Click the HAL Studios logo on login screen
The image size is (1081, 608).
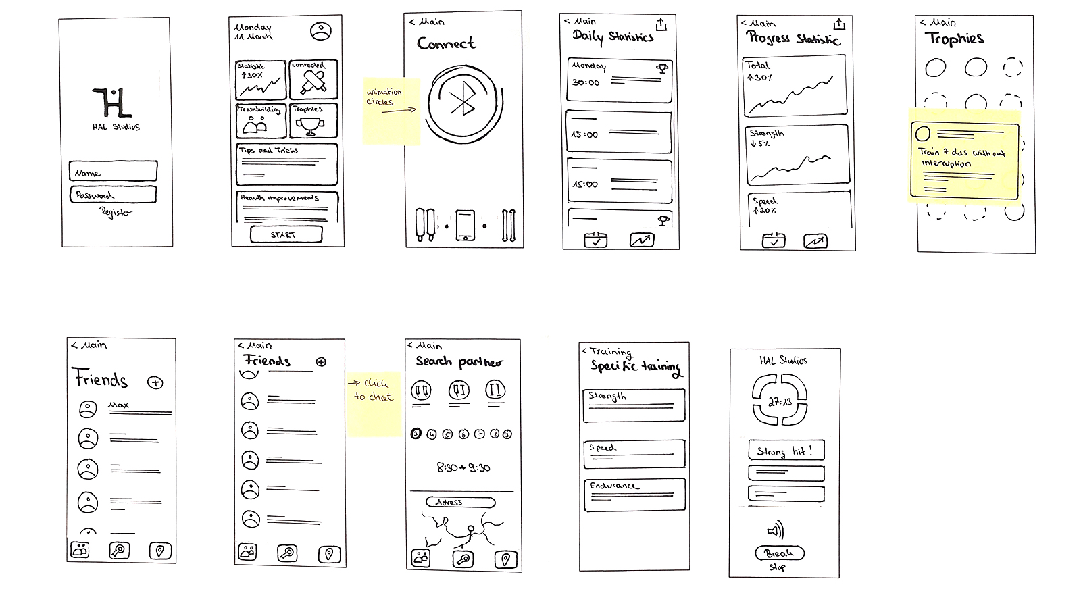pos(111,103)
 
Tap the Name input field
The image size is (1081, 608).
pos(113,172)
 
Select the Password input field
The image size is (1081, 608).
pos(113,195)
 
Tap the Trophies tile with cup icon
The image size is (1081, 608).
pos(312,120)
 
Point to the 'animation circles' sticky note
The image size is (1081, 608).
pos(391,110)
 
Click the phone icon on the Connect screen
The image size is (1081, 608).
pos(466,226)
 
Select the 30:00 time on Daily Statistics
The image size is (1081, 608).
pos(585,83)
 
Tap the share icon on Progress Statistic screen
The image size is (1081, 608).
pos(838,24)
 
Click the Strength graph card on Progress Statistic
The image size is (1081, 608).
pos(797,155)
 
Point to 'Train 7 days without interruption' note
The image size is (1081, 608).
pos(964,159)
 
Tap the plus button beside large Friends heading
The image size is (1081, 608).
pos(155,382)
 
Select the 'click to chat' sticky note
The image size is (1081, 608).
pos(374,404)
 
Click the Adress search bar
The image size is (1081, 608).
pos(460,502)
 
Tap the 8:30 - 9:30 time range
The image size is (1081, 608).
pos(463,467)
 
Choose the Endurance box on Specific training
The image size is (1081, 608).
pos(634,494)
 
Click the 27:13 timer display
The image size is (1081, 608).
pos(780,402)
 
